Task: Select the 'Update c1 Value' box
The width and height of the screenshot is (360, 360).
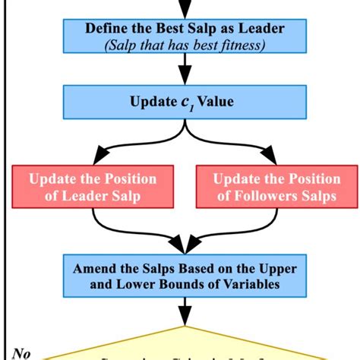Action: tap(182, 102)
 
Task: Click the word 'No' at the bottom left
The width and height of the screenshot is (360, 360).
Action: tap(24, 352)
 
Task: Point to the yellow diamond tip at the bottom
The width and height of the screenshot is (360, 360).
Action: tap(182, 328)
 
